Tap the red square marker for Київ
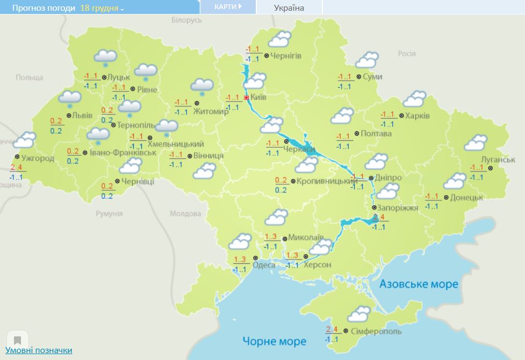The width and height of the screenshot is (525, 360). [x=246, y=98]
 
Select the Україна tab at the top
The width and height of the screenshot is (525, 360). [x=289, y=8]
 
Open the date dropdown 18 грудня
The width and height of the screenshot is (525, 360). [x=102, y=9]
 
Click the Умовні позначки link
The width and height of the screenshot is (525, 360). [x=39, y=350]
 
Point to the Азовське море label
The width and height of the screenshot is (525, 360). [x=419, y=284]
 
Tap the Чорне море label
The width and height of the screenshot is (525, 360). [x=274, y=341]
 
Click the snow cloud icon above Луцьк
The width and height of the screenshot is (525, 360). [x=105, y=57]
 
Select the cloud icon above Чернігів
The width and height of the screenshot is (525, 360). [x=279, y=39]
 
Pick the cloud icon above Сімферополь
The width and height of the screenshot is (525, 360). [x=359, y=313]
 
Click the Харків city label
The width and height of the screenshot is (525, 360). [x=418, y=116]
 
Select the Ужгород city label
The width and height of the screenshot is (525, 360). [x=38, y=158]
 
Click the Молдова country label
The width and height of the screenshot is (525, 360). [x=185, y=213]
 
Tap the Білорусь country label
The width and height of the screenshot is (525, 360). [x=186, y=20]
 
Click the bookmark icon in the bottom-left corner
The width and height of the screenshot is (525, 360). [x=17, y=340]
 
